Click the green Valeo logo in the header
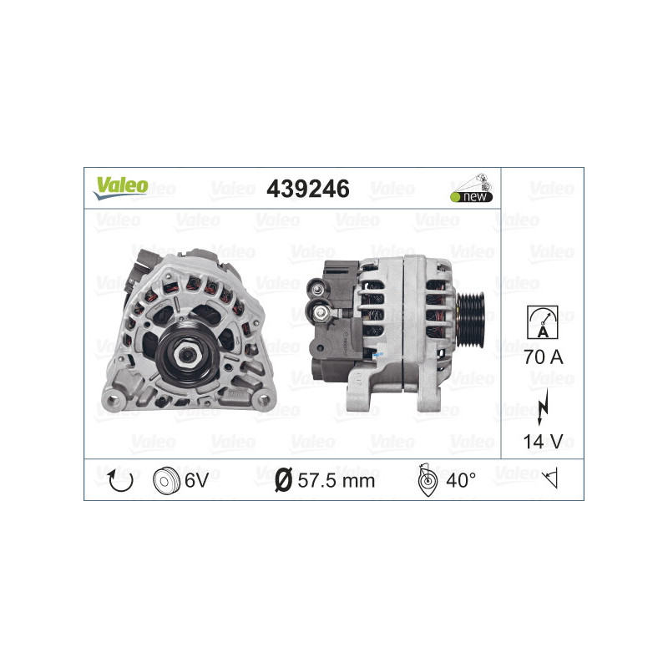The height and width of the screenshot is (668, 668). (x=120, y=188)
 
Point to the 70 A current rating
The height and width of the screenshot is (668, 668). (x=543, y=357)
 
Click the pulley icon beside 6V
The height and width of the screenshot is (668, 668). (x=167, y=480)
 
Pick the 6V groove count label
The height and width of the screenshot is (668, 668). (x=196, y=480)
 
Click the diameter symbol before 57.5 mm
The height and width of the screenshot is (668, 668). (x=283, y=480)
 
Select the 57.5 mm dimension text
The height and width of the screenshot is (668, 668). (x=337, y=480)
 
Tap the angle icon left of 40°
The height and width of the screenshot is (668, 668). (x=425, y=480)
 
